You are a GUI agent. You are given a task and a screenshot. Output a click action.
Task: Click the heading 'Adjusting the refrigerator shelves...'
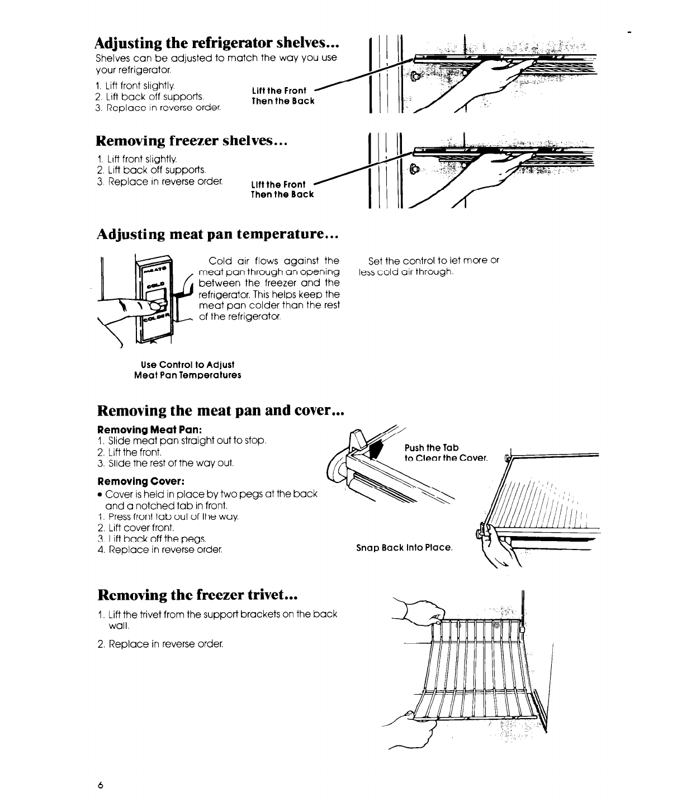[x=218, y=43]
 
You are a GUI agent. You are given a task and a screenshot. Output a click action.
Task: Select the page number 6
[x=100, y=785]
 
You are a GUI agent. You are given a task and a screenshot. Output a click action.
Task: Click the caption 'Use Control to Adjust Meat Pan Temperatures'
[x=188, y=370]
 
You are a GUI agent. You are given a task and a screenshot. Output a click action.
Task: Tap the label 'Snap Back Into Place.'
[x=404, y=547]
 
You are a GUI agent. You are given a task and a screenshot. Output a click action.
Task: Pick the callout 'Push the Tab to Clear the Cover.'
[x=446, y=453]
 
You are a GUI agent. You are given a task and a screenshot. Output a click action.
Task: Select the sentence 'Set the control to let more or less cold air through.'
[x=429, y=266]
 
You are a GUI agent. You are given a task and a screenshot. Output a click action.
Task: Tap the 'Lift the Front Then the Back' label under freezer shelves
[x=283, y=189]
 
